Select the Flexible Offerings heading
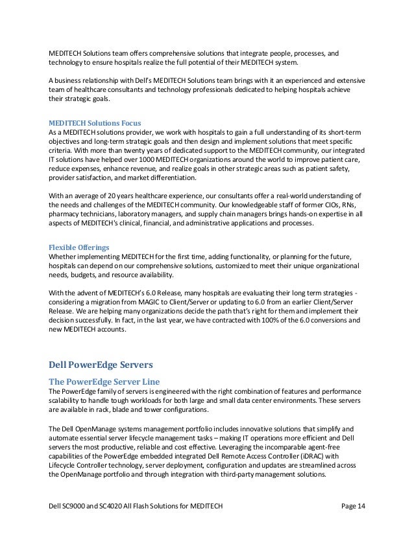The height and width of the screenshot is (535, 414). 78,247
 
